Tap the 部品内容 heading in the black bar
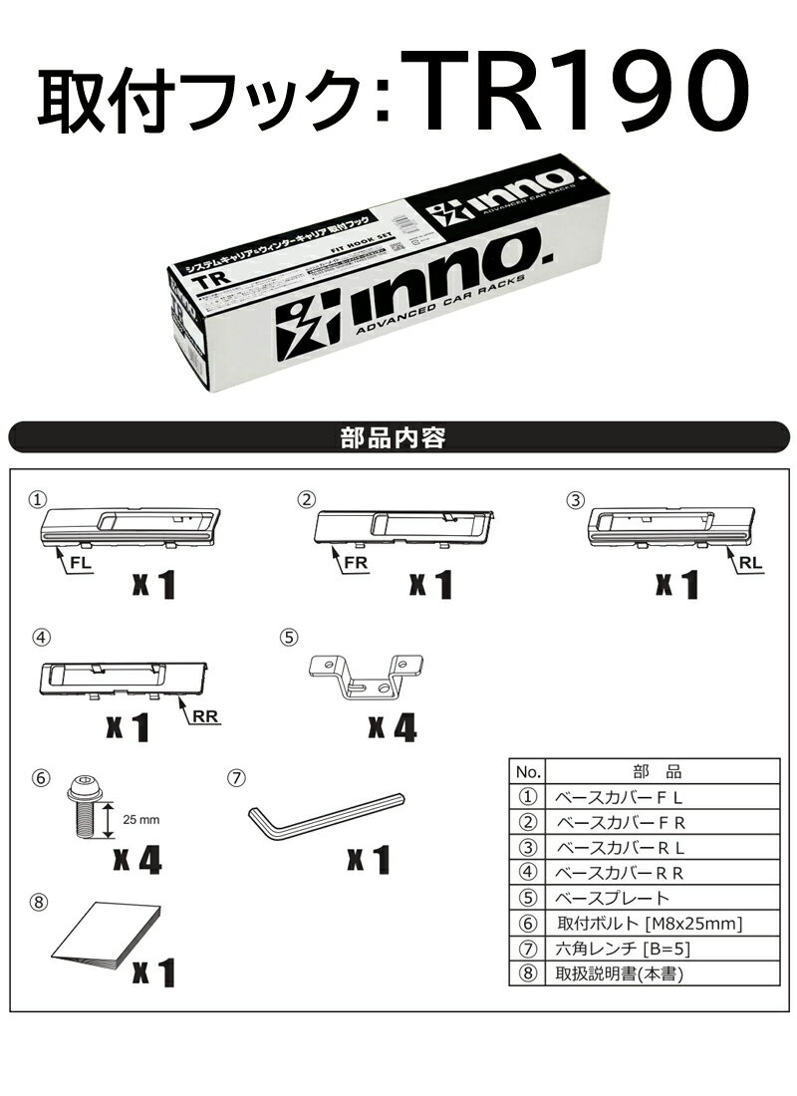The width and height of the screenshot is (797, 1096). (398, 436)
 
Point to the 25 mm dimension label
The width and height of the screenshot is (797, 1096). (141, 820)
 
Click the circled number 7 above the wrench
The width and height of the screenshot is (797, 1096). (235, 776)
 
